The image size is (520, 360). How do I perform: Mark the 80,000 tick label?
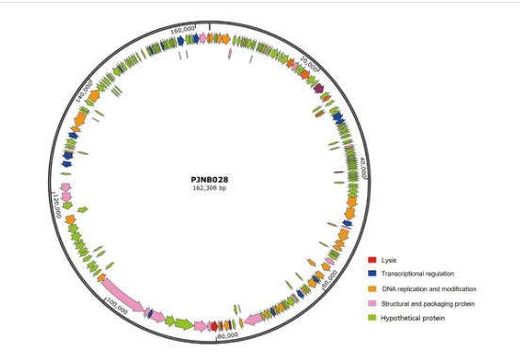click(227, 334)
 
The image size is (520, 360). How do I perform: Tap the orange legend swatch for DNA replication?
click(372, 288)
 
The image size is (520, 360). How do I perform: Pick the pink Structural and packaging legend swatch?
click(372, 303)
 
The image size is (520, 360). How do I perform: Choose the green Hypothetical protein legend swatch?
click(372, 319)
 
